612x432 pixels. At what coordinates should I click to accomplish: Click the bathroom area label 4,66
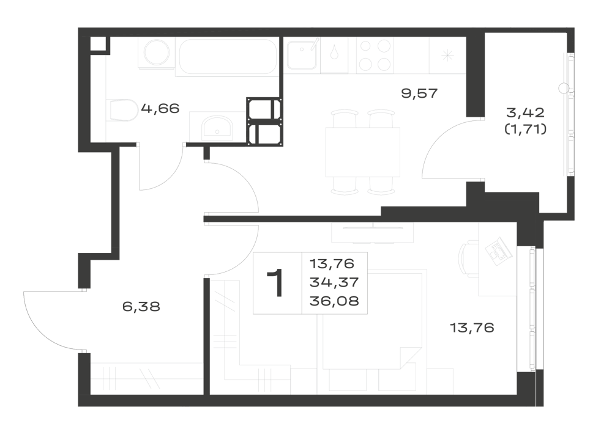tap(160, 108)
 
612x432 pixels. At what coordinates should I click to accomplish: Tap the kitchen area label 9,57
tap(420, 93)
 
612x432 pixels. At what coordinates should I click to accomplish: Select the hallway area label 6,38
tap(141, 307)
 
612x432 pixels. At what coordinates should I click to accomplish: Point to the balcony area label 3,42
tap(525, 113)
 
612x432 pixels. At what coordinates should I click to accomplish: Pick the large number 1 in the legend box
tap(277, 283)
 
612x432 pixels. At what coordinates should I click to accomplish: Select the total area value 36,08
tap(334, 301)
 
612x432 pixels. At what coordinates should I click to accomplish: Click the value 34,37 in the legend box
tap(334, 282)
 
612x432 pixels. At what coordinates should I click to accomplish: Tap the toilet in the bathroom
tap(122, 110)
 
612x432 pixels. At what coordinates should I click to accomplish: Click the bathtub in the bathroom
tap(228, 56)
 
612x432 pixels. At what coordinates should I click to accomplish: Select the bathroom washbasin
tap(217, 128)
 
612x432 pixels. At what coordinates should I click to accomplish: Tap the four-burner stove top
tap(375, 56)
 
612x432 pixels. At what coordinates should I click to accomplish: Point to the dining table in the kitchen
tap(362, 152)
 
